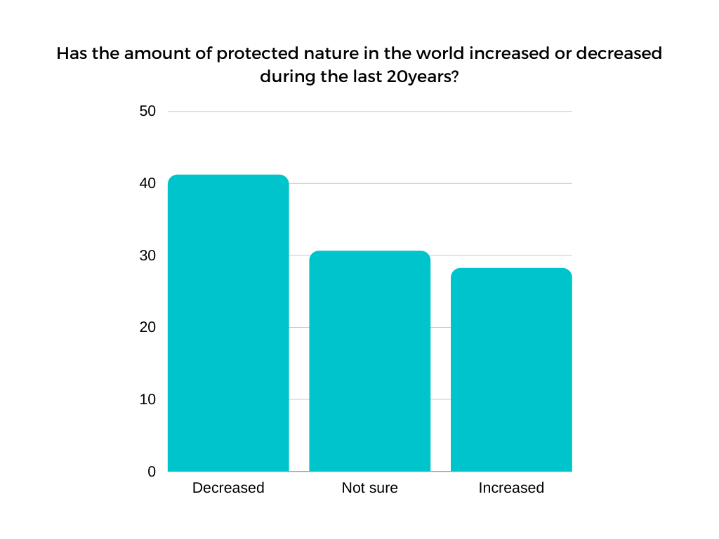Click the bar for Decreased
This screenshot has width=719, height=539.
pos(228,323)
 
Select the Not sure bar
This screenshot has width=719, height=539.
pos(369,361)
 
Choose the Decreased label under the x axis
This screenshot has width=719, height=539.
pos(228,488)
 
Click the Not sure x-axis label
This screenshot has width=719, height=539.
pos(369,488)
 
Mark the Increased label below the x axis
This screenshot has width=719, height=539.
pos(511,488)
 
